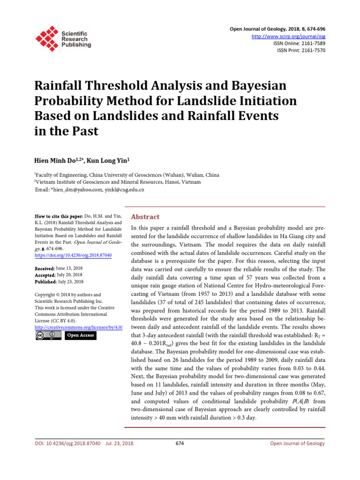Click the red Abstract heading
[x=145, y=217]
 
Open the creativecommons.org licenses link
[x=78, y=327]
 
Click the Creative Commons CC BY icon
[x=48, y=335]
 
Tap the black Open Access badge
[x=80, y=335]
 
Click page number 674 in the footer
[x=180, y=443]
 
